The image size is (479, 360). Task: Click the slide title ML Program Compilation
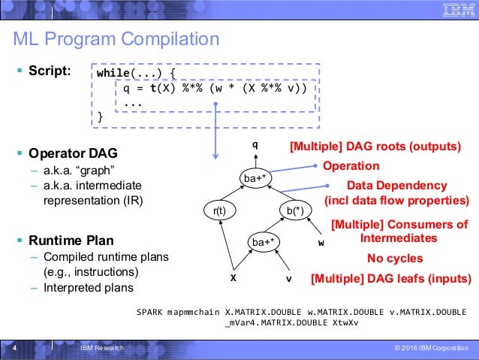[x=116, y=39]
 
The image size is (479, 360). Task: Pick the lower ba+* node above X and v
[x=264, y=241]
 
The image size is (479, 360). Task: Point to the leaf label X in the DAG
[x=233, y=277]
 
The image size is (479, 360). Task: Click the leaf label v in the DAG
[x=288, y=277]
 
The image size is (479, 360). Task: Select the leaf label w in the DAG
[x=321, y=244]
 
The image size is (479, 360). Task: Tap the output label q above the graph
[x=255, y=143]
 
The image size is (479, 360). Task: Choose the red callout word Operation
[x=351, y=165]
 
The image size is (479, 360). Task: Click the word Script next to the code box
[x=50, y=71]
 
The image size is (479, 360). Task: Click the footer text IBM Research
[x=102, y=349]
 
